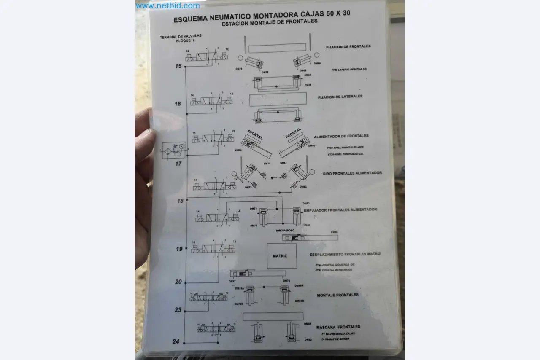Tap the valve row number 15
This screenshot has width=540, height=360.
[x=178, y=66]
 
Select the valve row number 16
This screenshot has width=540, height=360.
[x=178, y=104]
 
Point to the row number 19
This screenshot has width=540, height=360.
[x=179, y=249]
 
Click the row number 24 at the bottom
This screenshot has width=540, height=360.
[x=176, y=341]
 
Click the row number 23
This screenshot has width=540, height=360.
[x=178, y=310]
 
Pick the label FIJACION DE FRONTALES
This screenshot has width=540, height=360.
[x=348, y=46]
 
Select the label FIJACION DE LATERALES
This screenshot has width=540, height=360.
[x=340, y=97]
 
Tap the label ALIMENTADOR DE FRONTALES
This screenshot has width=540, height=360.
[x=341, y=136]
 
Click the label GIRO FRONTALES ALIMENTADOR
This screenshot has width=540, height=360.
[x=352, y=173]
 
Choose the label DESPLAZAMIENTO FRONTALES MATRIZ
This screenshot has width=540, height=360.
[x=345, y=254]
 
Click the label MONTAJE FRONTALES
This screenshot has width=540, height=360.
[x=337, y=295]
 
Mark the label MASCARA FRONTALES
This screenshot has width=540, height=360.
[x=338, y=327]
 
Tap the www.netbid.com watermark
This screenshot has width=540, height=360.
[x=167, y=6]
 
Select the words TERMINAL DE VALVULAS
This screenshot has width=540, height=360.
[x=181, y=37]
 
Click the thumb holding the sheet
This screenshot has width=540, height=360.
[x=144, y=139]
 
